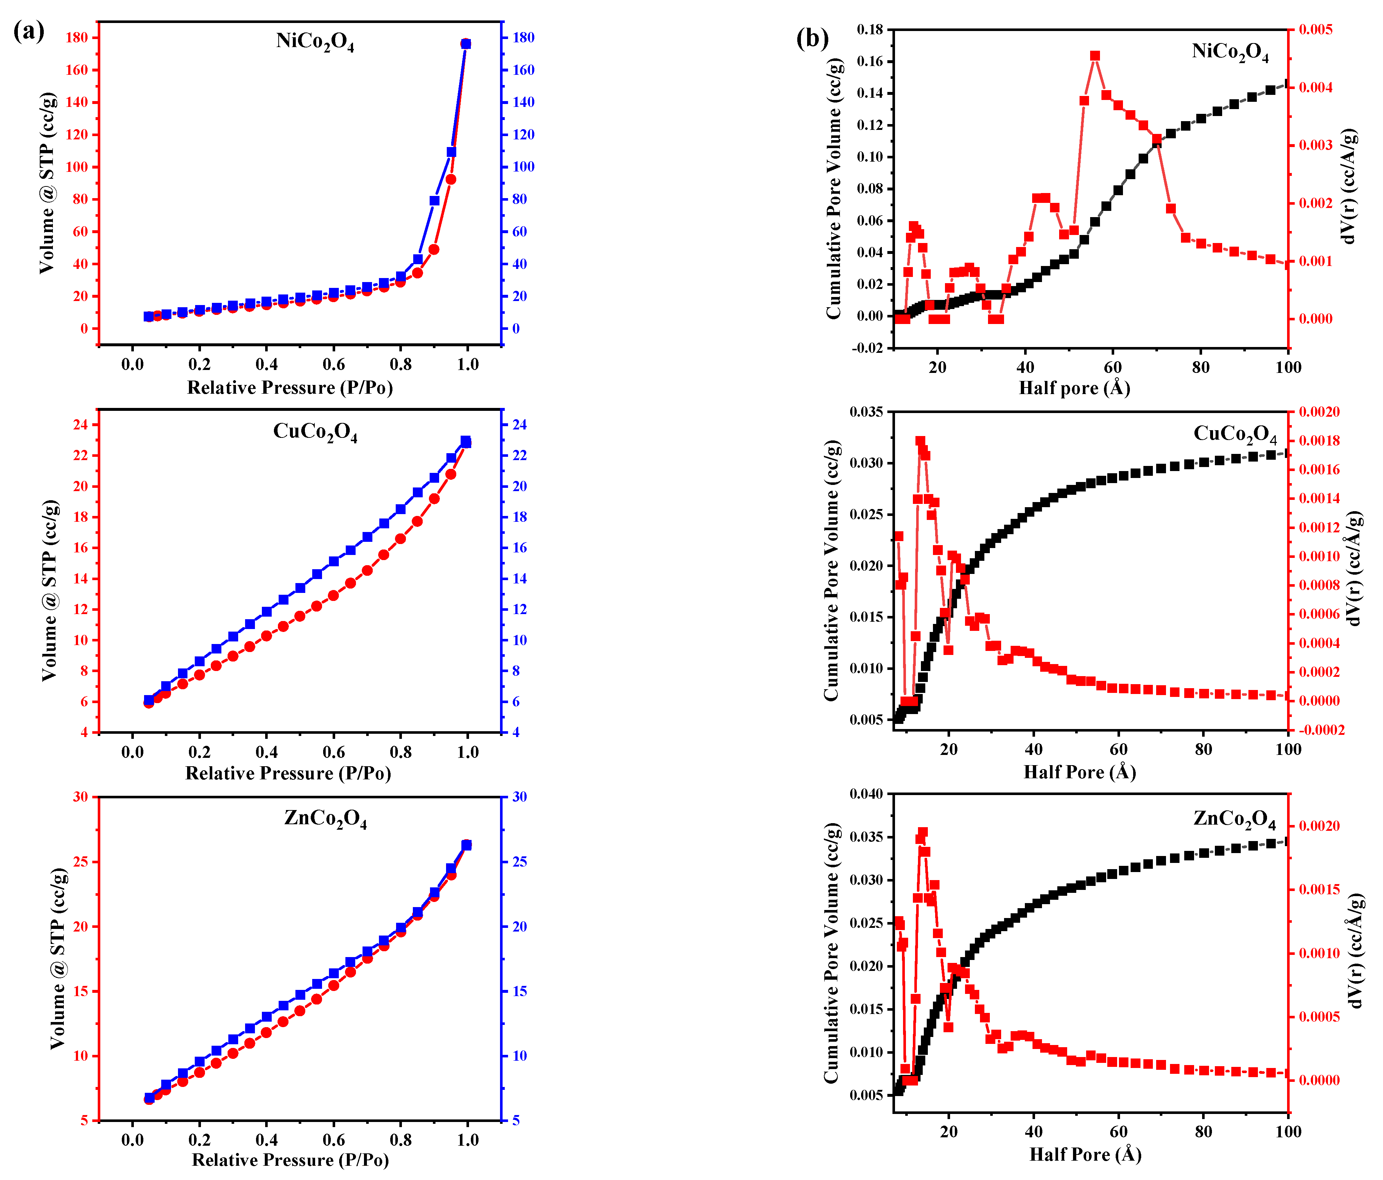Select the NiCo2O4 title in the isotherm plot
pyautogui.click(x=315, y=42)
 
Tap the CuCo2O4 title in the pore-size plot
pyautogui.click(x=1235, y=434)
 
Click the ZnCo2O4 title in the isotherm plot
pyautogui.click(x=325, y=819)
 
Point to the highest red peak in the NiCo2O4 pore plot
pyautogui.click(x=1095, y=56)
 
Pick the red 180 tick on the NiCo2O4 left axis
pyautogui.click(x=76, y=38)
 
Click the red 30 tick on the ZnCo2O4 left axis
pyautogui.click(x=80, y=797)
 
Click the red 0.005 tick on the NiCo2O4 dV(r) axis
pyautogui.click(x=1315, y=30)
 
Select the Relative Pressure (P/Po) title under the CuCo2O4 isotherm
pyautogui.click(x=288, y=773)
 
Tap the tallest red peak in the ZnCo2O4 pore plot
pyautogui.click(x=923, y=832)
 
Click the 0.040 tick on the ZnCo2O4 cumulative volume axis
pyautogui.click(x=866, y=794)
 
